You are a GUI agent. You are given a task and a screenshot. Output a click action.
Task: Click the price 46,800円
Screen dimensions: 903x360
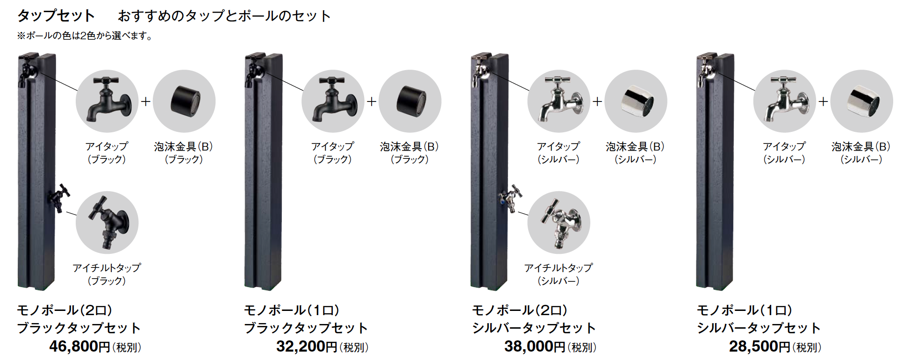79,346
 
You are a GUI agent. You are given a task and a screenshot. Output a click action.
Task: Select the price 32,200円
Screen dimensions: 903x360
307,346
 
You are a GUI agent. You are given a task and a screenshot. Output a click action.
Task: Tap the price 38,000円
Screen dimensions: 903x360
535,346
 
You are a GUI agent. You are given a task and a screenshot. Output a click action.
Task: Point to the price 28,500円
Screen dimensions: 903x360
760,346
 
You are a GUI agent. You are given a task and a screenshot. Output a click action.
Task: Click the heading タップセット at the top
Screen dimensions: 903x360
56,16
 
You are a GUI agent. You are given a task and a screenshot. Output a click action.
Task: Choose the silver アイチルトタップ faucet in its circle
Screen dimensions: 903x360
559,222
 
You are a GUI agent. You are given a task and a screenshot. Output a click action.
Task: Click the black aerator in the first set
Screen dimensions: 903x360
185,101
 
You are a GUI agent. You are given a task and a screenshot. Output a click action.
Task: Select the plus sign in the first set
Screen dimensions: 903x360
146,101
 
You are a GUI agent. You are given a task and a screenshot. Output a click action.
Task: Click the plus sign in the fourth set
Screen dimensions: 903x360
823,101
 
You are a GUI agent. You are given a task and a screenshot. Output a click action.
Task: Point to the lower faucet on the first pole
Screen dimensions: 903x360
59,198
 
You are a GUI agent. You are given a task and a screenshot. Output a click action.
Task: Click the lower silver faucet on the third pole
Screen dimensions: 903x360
511,198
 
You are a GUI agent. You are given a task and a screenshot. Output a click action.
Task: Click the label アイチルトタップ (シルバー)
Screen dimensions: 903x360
559,274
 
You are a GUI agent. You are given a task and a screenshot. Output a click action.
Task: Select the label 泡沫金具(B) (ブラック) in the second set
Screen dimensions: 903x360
409,153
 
